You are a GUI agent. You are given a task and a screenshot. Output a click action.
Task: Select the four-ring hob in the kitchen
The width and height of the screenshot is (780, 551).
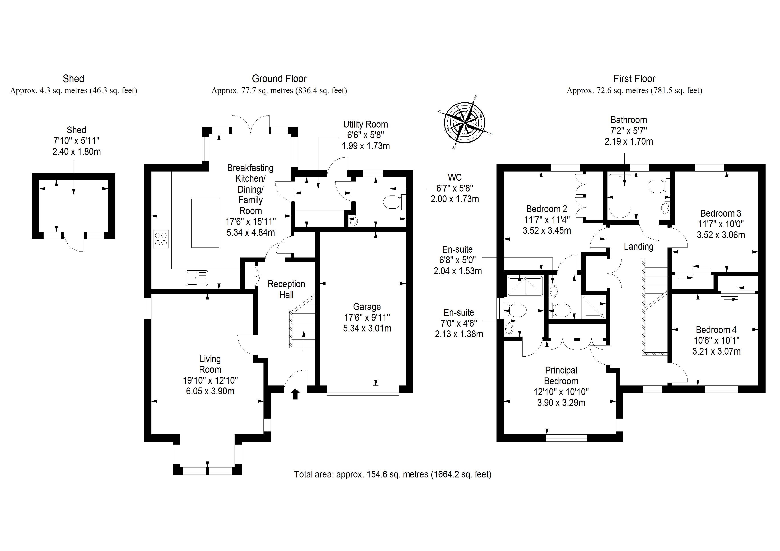(x=161, y=239)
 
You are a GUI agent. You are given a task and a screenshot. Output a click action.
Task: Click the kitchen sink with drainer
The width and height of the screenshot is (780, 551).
(x=197, y=278)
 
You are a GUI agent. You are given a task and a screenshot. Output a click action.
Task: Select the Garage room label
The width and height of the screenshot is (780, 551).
(x=367, y=307)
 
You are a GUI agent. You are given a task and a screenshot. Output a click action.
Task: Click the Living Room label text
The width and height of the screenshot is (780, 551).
(x=210, y=364)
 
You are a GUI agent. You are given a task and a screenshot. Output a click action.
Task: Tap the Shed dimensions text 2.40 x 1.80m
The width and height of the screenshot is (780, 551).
(x=76, y=152)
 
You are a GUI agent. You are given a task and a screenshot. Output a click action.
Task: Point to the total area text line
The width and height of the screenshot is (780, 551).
(x=392, y=474)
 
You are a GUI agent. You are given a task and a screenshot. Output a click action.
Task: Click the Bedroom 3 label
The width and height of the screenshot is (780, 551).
(x=721, y=213)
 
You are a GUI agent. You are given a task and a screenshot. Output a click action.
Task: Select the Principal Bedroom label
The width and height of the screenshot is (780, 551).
(x=561, y=375)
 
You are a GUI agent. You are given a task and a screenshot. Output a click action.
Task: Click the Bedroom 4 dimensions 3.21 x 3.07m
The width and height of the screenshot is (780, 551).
(x=716, y=351)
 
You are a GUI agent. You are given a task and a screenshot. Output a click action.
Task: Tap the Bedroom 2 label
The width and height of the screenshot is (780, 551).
(x=547, y=209)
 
